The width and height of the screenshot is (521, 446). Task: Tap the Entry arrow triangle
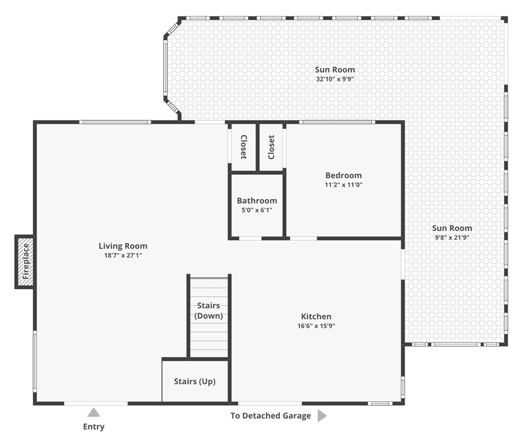point(94,413)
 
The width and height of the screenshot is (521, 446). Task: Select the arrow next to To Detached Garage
point(322,416)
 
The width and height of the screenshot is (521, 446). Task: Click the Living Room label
point(122,246)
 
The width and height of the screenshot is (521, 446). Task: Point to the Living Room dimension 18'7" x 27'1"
point(122,255)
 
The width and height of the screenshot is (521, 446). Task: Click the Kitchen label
point(316,317)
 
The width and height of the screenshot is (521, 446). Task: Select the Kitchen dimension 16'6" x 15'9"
point(316,326)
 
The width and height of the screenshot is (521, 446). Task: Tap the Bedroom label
point(343,175)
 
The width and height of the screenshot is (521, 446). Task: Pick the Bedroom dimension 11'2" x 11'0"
point(343,184)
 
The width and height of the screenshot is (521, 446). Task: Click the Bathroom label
point(256,201)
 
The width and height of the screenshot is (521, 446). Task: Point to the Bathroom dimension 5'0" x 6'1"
point(256,209)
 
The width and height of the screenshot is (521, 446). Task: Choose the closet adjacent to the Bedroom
point(271,147)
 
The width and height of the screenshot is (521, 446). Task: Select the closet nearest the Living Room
point(243,147)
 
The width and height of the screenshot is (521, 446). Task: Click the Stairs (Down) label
point(209,311)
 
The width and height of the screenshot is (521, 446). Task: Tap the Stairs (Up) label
point(194,381)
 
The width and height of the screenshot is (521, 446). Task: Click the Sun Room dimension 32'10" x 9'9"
point(335,78)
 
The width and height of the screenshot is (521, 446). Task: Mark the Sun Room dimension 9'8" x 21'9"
point(452,237)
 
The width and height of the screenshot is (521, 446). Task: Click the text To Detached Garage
point(271,416)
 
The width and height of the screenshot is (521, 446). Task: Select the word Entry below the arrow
point(94,426)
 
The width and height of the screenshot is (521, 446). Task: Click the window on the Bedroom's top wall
point(337,122)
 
